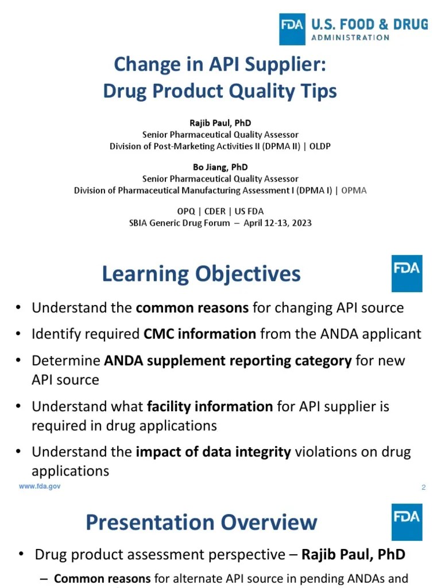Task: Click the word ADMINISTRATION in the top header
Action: click(350, 37)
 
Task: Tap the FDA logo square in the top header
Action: click(292, 29)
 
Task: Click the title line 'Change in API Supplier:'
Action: click(220, 64)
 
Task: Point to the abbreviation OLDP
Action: click(320, 146)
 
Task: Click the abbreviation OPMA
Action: click(354, 190)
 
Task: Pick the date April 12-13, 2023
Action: click(277, 222)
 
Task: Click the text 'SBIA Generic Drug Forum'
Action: click(179, 222)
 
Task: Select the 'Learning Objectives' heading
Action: click(201, 274)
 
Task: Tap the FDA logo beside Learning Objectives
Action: click(407, 273)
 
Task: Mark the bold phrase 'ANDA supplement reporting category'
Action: click(227, 361)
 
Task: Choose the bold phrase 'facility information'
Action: click(210, 407)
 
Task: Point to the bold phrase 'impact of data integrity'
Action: click(213, 452)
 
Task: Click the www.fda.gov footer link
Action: click(40, 486)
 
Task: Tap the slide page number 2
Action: click(423, 488)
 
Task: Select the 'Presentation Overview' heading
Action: click(201, 523)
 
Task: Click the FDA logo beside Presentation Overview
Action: click(407, 522)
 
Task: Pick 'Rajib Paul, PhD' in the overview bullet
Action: click(353, 555)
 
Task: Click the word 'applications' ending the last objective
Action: click(70, 471)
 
